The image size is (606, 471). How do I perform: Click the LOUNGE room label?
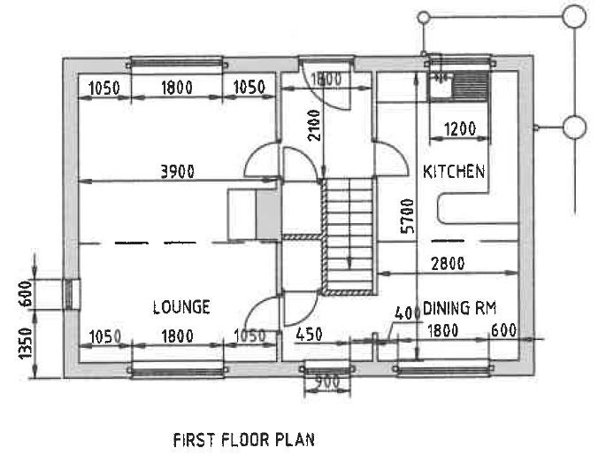(181, 307)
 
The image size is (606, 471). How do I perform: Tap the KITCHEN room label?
(454, 171)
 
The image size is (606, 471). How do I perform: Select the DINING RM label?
(459, 308)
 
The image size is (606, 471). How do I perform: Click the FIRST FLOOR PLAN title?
(244, 440)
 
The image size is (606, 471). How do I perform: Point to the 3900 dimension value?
(178, 171)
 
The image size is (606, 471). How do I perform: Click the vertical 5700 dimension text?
(408, 216)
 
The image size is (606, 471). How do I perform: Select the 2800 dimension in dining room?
(448, 264)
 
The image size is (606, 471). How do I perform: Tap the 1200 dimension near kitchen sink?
(460, 128)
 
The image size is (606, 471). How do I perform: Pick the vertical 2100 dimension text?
(314, 126)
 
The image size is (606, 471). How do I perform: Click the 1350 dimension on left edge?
(26, 344)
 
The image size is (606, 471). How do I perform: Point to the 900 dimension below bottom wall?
(327, 382)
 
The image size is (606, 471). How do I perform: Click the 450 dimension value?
(309, 335)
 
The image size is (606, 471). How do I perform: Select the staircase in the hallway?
(348, 236)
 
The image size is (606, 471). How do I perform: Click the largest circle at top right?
(574, 16)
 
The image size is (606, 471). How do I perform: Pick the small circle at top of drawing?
(424, 18)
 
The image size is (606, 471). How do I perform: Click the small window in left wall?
(69, 294)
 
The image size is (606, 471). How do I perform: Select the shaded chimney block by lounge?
(267, 214)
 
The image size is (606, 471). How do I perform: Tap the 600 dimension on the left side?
(26, 294)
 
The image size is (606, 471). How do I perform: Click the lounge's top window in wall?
(177, 63)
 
